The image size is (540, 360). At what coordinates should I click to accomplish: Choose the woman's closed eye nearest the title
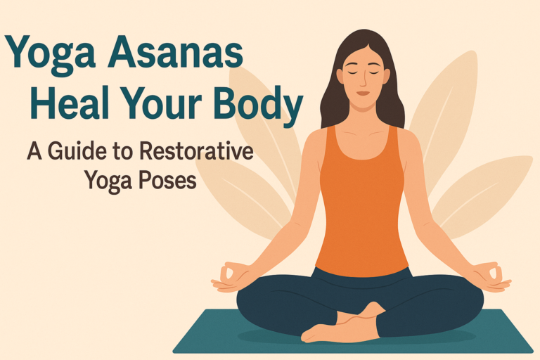[x=349, y=72]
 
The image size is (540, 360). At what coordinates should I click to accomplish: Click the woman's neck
[x=361, y=112]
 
